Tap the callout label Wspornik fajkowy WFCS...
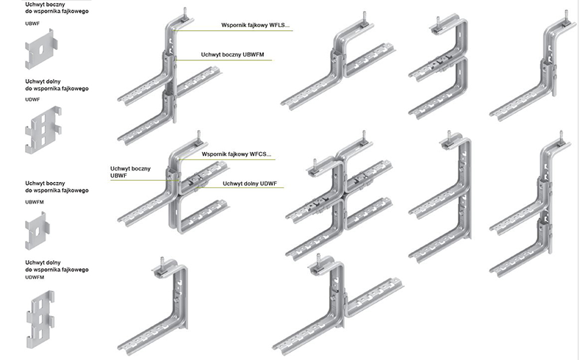[236, 154]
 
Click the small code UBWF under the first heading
[32, 24]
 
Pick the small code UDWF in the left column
[32, 98]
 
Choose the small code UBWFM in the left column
[35, 201]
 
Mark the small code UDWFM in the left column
[35, 278]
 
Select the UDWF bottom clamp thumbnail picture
[43, 130]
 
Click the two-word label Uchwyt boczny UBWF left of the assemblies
[130, 172]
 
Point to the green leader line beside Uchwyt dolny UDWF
[243, 189]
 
